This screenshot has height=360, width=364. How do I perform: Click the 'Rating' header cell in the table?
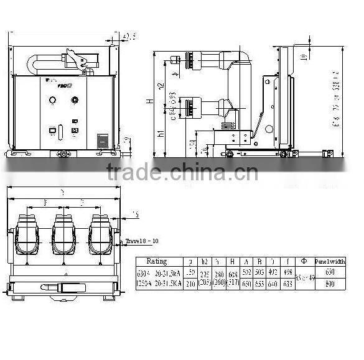click(x=156, y=261)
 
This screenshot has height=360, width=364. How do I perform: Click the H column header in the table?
click(x=231, y=261)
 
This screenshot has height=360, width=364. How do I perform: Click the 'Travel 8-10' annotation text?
click(x=142, y=241)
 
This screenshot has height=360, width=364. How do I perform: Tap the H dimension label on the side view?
click(x=148, y=101)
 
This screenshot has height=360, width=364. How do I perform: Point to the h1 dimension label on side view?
click(x=161, y=133)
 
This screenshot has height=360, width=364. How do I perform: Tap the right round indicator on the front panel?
click(x=75, y=99)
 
